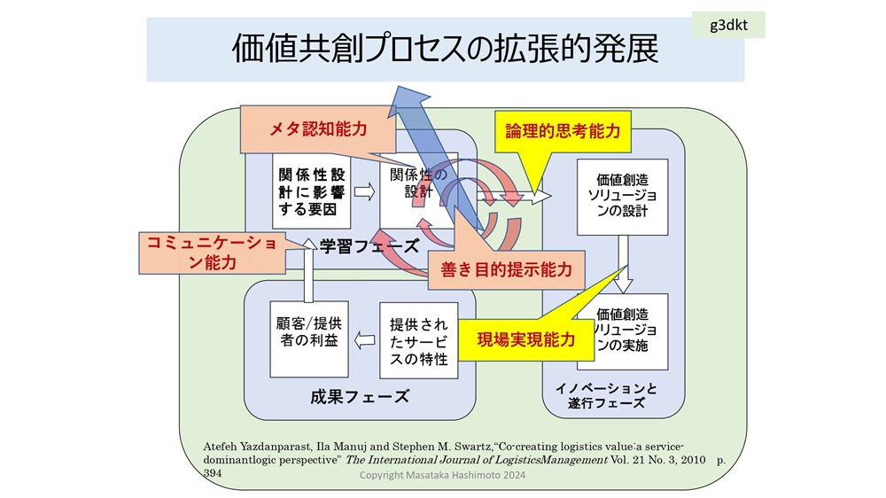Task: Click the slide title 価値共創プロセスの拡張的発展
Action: pos(445,50)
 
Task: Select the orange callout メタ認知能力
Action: pos(316,130)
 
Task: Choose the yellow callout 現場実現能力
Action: pos(525,338)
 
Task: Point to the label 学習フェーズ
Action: pos(369,246)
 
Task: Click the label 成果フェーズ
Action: pos(361,396)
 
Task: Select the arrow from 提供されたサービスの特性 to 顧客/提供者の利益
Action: pos(363,338)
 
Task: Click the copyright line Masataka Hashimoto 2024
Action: pos(447,476)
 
